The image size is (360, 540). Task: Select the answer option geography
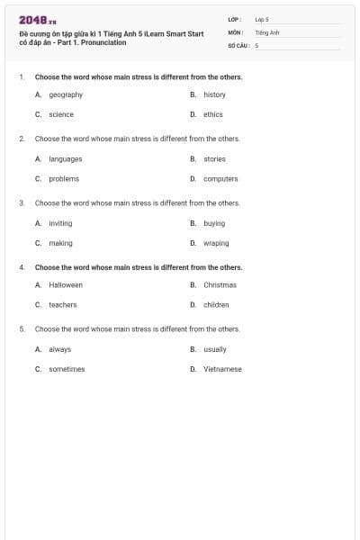tap(66, 94)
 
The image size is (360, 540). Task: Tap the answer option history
tap(214, 94)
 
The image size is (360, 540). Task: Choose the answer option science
tap(61, 114)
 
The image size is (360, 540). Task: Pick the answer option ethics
tap(212, 114)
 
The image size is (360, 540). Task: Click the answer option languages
tap(66, 158)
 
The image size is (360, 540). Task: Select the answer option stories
tap(214, 158)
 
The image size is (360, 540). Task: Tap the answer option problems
tap(64, 178)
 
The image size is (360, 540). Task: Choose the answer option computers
tap(220, 178)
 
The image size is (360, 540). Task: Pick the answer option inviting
tap(60, 222)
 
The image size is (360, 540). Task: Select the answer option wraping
tap(216, 243)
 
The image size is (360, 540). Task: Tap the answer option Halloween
tap(66, 284)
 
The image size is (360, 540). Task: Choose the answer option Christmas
tap(220, 284)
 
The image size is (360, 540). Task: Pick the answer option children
tap(216, 305)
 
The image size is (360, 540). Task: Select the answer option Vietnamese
tap(222, 369)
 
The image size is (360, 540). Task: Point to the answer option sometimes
tap(67, 369)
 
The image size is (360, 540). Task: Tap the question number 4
tap(22, 267)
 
